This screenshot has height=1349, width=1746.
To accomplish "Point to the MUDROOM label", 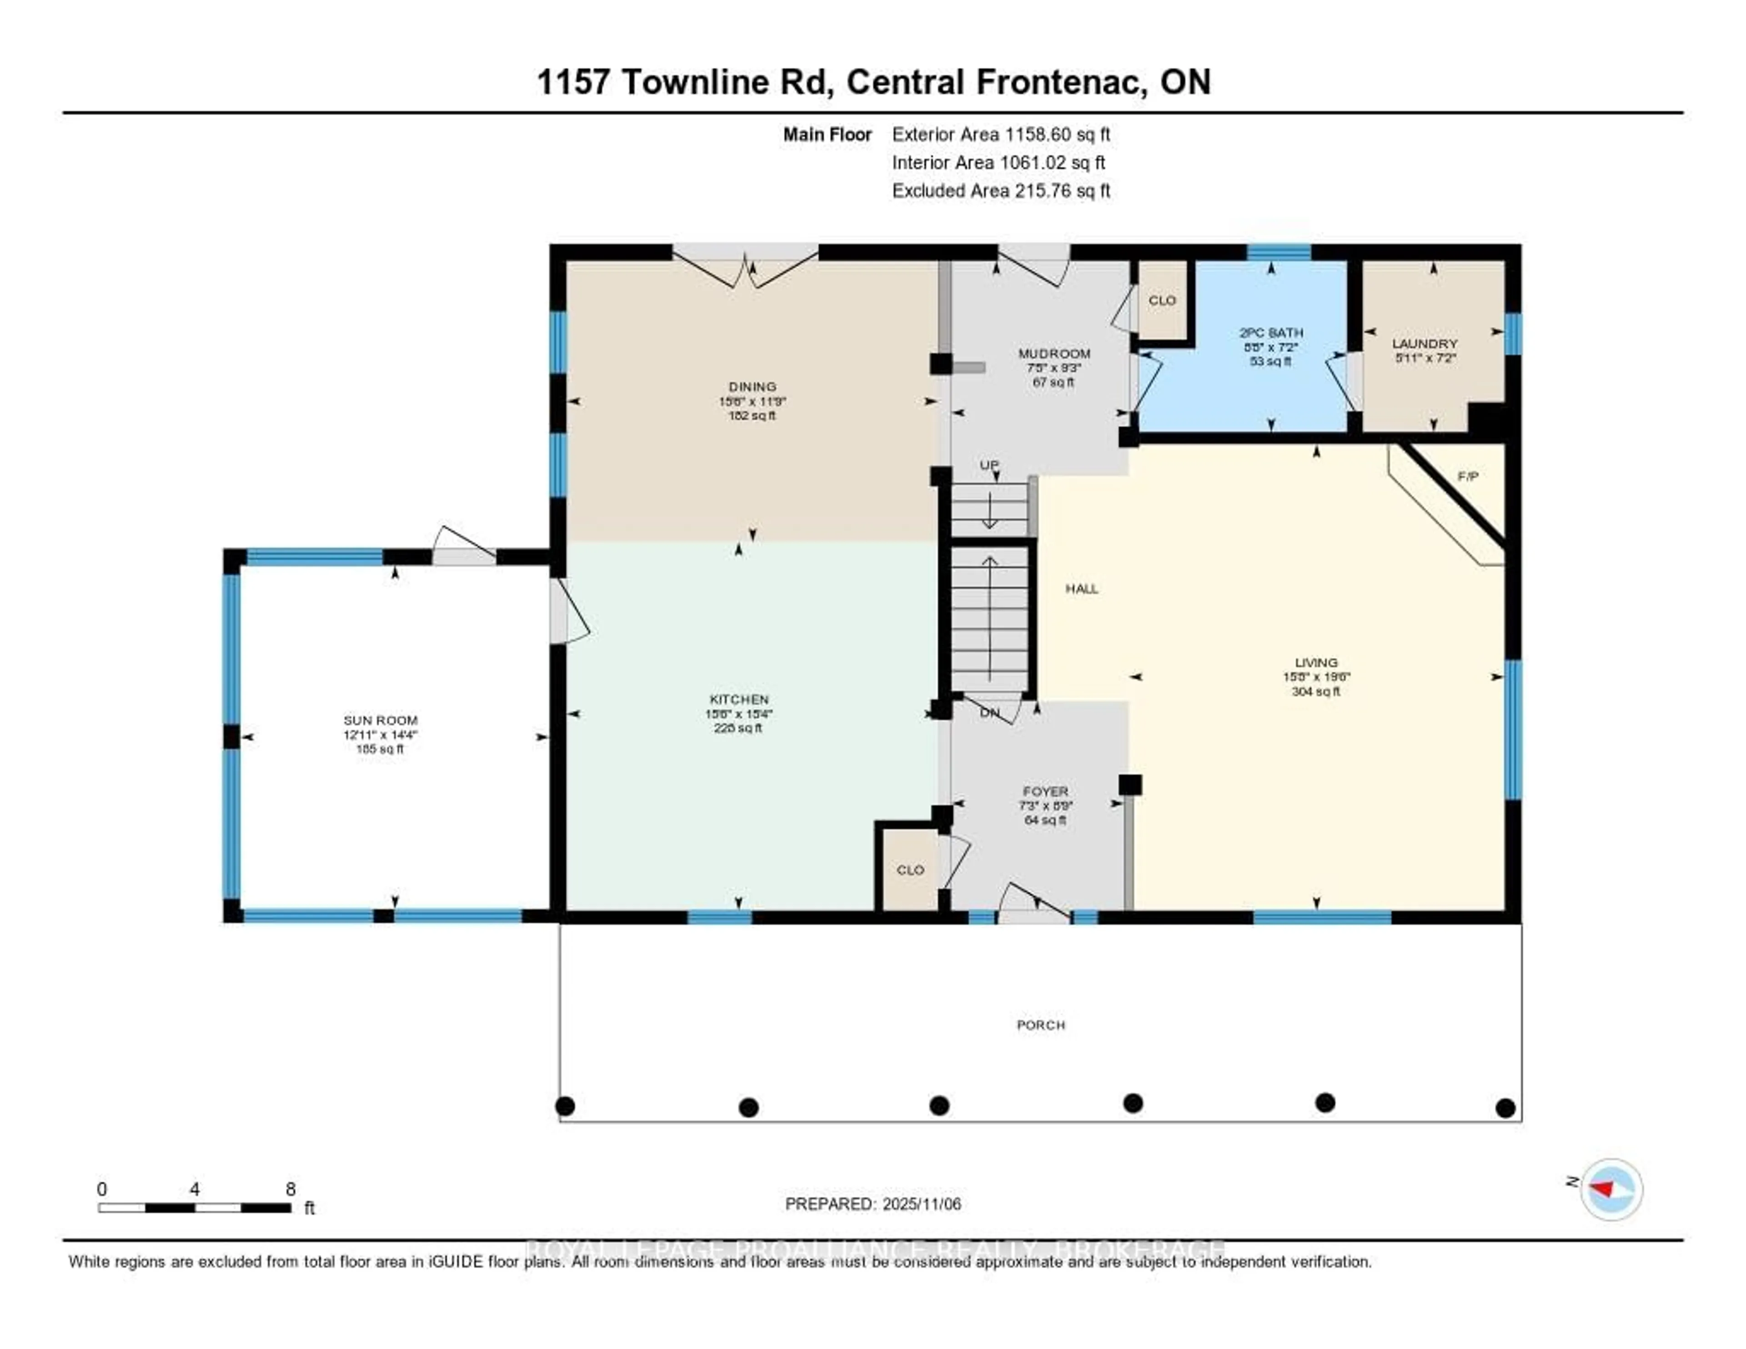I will pos(1054,353).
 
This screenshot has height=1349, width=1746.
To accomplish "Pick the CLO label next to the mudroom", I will pos(1162,301).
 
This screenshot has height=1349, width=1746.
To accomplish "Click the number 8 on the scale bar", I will pos(291,1189).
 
